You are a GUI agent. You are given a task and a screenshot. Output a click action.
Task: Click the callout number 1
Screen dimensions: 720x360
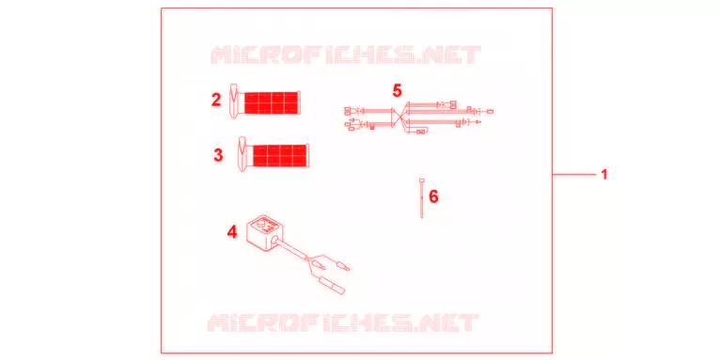tap(603, 175)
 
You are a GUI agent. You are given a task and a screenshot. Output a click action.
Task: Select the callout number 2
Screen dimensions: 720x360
tap(216, 100)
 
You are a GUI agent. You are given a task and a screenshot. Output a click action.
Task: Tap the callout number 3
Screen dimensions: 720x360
tap(218, 155)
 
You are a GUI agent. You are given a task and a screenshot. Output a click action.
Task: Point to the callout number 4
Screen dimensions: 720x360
tap(232, 232)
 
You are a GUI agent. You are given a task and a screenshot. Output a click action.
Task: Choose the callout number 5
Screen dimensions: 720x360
tap(397, 90)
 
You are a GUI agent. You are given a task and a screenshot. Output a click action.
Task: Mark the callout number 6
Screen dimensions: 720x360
tap(433, 196)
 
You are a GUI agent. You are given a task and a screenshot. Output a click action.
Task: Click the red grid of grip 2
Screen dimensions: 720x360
tap(272, 102)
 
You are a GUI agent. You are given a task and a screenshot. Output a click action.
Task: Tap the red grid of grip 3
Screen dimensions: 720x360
tap(280, 156)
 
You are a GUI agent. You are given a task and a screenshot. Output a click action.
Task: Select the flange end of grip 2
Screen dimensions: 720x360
tap(235, 102)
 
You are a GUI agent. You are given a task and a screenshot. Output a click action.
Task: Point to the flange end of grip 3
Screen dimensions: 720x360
tap(243, 154)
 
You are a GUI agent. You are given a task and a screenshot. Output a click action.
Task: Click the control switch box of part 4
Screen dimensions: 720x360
tap(261, 232)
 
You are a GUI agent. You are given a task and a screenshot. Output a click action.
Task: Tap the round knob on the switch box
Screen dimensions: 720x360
tap(260, 224)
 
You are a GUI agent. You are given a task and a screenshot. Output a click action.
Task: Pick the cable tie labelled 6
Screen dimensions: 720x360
tap(421, 197)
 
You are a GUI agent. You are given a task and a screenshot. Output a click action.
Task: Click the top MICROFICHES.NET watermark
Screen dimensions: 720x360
tap(345, 55)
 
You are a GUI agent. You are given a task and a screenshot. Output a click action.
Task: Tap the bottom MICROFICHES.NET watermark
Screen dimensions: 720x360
tap(343, 322)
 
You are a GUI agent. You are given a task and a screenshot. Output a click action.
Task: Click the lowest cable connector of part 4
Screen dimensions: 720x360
tap(337, 289)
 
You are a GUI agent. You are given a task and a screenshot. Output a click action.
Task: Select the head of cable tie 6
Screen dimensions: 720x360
tap(421, 180)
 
